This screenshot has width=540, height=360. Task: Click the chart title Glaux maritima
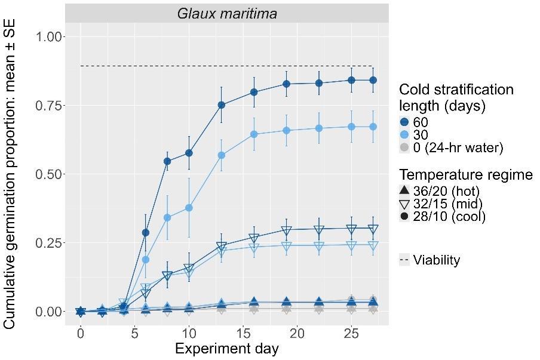point(227,13)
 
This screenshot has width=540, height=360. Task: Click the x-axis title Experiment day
point(226,349)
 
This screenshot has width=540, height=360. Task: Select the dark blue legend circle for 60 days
point(404,122)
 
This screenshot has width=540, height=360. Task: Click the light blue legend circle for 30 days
point(404,135)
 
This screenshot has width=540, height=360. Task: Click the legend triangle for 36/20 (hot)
point(404,190)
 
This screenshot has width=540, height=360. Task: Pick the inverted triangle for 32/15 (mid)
point(404,204)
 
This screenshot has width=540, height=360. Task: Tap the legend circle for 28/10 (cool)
point(404,216)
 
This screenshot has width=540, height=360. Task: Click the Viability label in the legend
point(436,260)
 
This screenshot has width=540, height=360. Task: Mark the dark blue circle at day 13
point(222,105)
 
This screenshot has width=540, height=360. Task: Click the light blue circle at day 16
point(254,134)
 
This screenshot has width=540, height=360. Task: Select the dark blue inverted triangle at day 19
point(287,230)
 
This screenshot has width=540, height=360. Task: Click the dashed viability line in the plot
point(227,66)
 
